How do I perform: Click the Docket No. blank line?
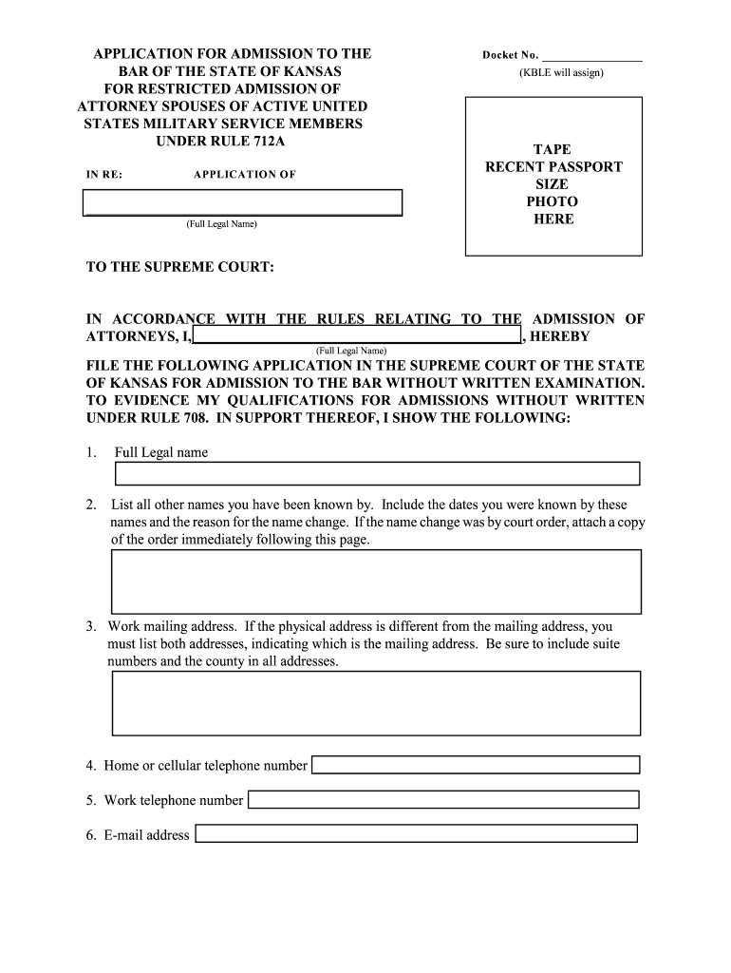pyautogui.click(x=591, y=56)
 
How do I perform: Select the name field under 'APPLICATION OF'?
pyautogui.click(x=243, y=202)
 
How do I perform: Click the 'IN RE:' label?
pyautogui.click(x=104, y=175)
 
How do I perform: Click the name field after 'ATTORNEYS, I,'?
pyautogui.click(x=357, y=336)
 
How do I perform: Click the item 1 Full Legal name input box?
pyautogui.click(x=377, y=473)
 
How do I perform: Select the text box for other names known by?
pyautogui.click(x=377, y=581)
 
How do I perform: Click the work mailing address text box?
pyautogui.click(x=377, y=704)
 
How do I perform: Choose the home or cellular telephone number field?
pyautogui.click(x=476, y=765)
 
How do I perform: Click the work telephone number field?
pyautogui.click(x=443, y=800)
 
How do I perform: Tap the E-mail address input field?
pyautogui.click(x=416, y=834)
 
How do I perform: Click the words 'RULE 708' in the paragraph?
pyautogui.click(x=165, y=418)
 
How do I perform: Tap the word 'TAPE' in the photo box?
pyautogui.click(x=553, y=149)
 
